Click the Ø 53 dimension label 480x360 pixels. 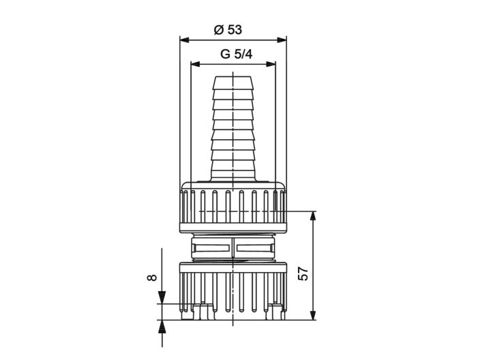pyautogui.click(x=228, y=29)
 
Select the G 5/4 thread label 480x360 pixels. pyautogui.click(x=233, y=55)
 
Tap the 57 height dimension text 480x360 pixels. pyautogui.click(x=304, y=273)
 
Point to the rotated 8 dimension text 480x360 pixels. pyautogui.click(x=151, y=277)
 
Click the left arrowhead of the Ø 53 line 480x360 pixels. pyautogui.click(x=183, y=39)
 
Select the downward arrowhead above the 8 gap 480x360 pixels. pyautogui.click(x=162, y=299)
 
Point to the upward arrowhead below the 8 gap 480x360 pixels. pyautogui.click(x=162, y=325)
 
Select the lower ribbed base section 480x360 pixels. pyautogui.click(x=233, y=286)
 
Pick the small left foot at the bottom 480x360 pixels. pyautogui.click(x=201, y=314)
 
